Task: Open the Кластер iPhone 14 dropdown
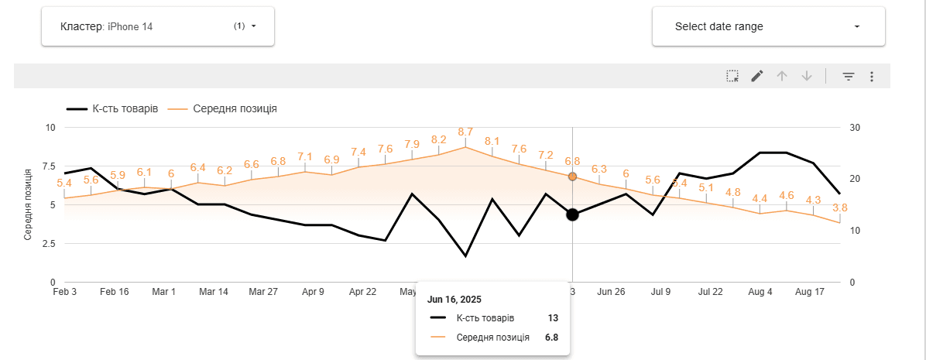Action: pos(158,26)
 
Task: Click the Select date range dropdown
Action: pos(768,26)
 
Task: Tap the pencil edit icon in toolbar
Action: pos(757,76)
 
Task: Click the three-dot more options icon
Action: pos(872,76)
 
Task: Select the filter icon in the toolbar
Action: pos(849,76)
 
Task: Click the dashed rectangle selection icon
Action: pos(732,76)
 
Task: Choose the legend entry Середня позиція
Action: pos(233,108)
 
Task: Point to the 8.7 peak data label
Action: pos(465,132)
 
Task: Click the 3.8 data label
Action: pos(840,207)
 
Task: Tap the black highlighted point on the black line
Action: pos(572,214)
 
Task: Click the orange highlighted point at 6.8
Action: pos(572,177)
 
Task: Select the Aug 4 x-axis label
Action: pos(760,292)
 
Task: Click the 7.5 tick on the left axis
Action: pos(47,166)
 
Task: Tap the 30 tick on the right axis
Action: pos(855,127)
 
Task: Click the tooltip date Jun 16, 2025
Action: pos(454,299)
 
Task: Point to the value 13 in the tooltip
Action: pos(552,318)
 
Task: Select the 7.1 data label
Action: pos(305,156)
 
